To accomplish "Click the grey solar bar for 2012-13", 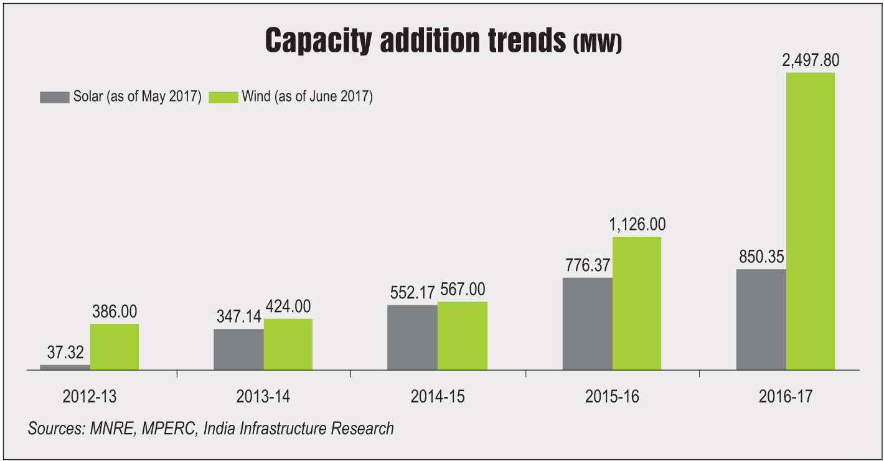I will coord(65,367).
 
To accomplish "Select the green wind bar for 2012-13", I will coord(115,347).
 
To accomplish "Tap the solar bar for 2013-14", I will coord(238,349).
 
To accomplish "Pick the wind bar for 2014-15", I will coord(462,336).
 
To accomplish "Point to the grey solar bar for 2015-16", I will coord(587,324).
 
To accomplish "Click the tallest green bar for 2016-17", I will coord(810,221).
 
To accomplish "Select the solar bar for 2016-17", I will coord(761,320).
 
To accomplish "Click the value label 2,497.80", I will coord(811,60).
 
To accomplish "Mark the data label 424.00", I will coord(287,306).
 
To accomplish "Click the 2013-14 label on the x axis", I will coord(263,397).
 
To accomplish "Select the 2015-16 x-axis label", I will coord(612,397).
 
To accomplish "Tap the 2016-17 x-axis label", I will coord(786,397).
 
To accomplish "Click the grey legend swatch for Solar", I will coord(54,97).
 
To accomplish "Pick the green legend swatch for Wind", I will coord(223,97).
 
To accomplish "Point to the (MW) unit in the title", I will coord(597,45).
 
